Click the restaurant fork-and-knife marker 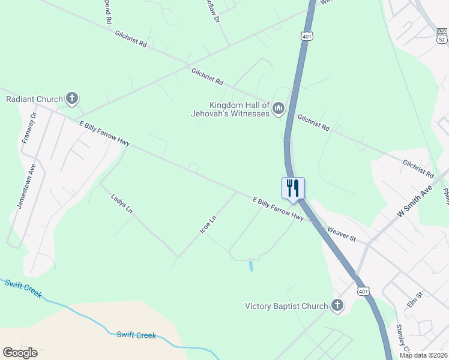(293, 188)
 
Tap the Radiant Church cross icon (72, 98)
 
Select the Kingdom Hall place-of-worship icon (278, 109)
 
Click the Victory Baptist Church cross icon (337, 306)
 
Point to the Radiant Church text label (34, 99)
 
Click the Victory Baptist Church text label (286, 306)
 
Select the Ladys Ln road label (121, 203)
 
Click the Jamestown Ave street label (26, 186)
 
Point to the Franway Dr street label (29, 127)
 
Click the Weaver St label (341, 234)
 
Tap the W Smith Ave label (414, 202)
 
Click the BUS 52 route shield (442, 36)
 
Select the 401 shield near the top (307, 37)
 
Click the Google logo (20, 353)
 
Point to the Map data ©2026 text (423, 355)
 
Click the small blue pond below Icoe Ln (251, 265)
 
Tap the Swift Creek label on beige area (136, 335)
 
